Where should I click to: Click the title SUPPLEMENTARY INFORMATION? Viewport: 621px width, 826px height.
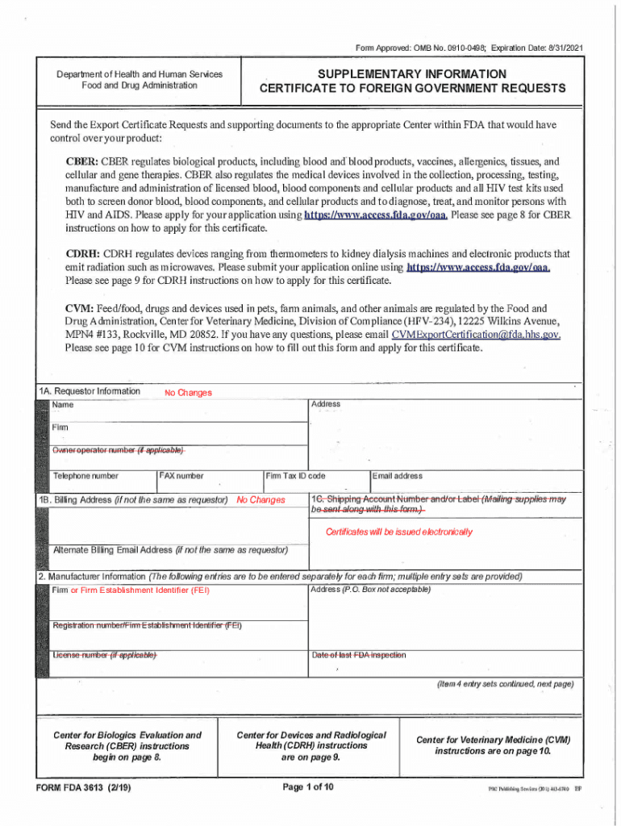click(x=411, y=74)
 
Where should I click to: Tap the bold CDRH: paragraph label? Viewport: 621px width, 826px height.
click(x=82, y=253)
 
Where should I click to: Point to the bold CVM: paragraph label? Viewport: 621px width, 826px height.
click(x=80, y=308)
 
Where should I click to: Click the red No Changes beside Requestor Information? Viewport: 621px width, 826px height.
click(x=188, y=393)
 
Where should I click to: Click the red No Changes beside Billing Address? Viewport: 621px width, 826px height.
click(x=260, y=500)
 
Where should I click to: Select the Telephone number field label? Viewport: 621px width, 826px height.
click(x=85, y=477)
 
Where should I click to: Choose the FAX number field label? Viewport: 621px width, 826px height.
click(x=181, y=477)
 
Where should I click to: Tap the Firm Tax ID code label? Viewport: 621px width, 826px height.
click(x=295, y=477)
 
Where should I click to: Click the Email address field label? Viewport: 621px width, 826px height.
click(x=398, y=477)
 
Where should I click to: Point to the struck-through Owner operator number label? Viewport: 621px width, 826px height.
click(x=119, y=450)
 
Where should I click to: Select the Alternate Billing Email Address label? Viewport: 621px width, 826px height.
click(x=169, y=550)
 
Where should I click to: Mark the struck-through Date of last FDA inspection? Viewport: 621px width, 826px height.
click(x=359, y=655)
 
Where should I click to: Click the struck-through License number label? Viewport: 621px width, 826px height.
click(x=104, y=655)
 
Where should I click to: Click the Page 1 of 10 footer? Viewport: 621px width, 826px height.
click(x=309, y=787)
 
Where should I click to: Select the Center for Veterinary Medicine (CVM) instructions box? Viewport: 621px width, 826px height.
click(x=494, y=745)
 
